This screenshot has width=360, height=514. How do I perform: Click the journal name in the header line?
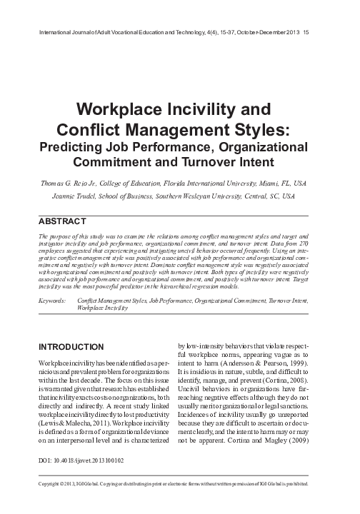point(115,31)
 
